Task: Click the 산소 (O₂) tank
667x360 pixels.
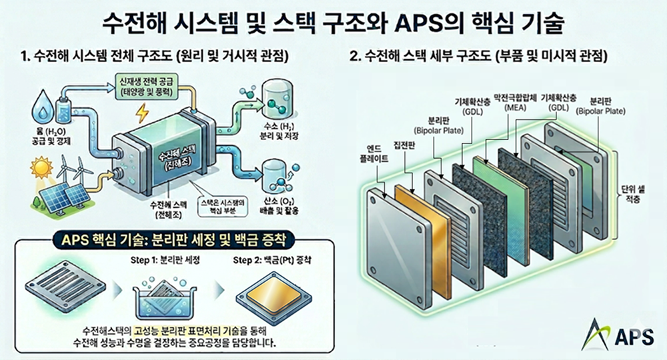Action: click(x=274, y=175)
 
